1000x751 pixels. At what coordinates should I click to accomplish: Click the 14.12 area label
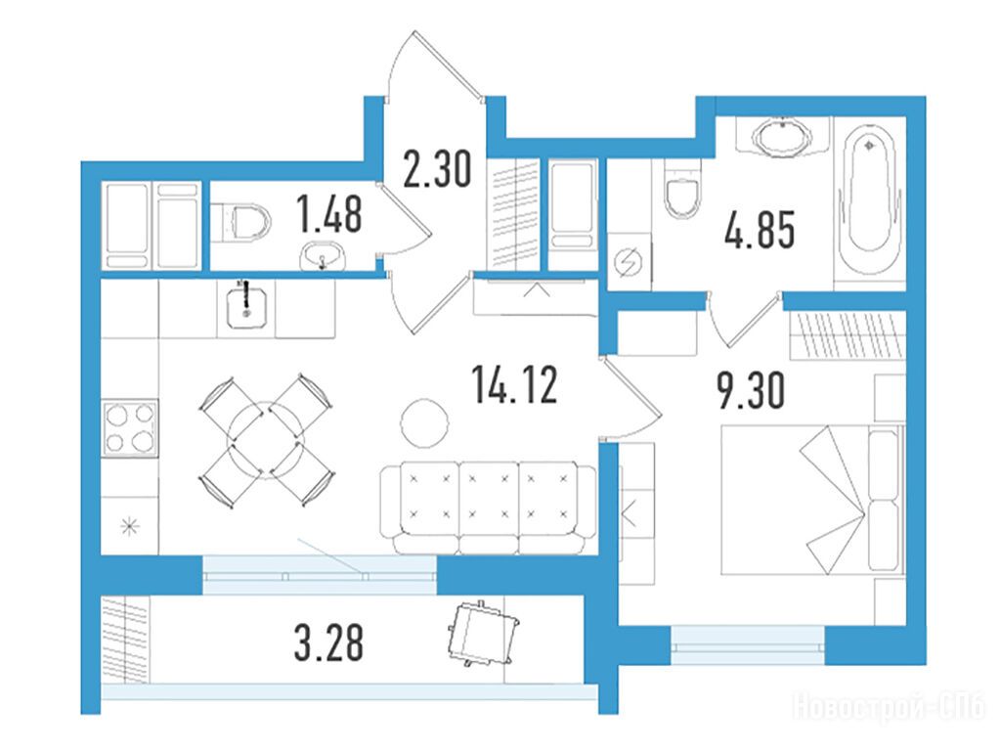(515, 384)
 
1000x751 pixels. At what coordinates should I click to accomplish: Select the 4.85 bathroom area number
(760, 230)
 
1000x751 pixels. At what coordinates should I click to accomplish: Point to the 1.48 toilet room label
(329, 214)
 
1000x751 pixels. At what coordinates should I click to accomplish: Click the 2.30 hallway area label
(438, 168)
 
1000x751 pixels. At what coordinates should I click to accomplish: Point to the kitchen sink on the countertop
(245, 305)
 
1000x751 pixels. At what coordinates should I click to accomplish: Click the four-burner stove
(130, 427)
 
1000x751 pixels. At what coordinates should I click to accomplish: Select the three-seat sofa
(489, 508)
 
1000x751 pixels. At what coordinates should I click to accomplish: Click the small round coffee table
(424, 422)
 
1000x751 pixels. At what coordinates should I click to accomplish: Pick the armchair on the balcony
(483, 633)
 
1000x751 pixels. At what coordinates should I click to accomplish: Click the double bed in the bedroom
(812, 500)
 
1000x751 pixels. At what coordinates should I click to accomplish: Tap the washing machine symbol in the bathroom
(628, 261)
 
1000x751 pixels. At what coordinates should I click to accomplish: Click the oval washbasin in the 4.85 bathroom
(783, 136)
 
